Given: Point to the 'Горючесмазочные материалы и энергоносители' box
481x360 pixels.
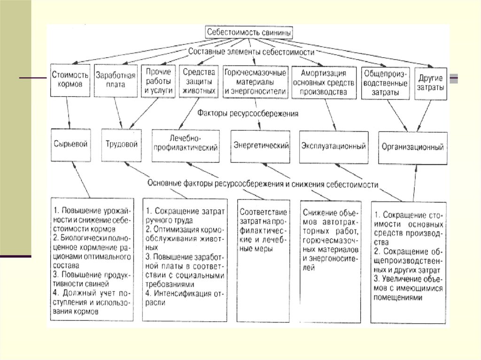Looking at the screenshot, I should (255, 81).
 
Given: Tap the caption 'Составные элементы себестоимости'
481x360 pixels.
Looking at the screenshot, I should (251, 52).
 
